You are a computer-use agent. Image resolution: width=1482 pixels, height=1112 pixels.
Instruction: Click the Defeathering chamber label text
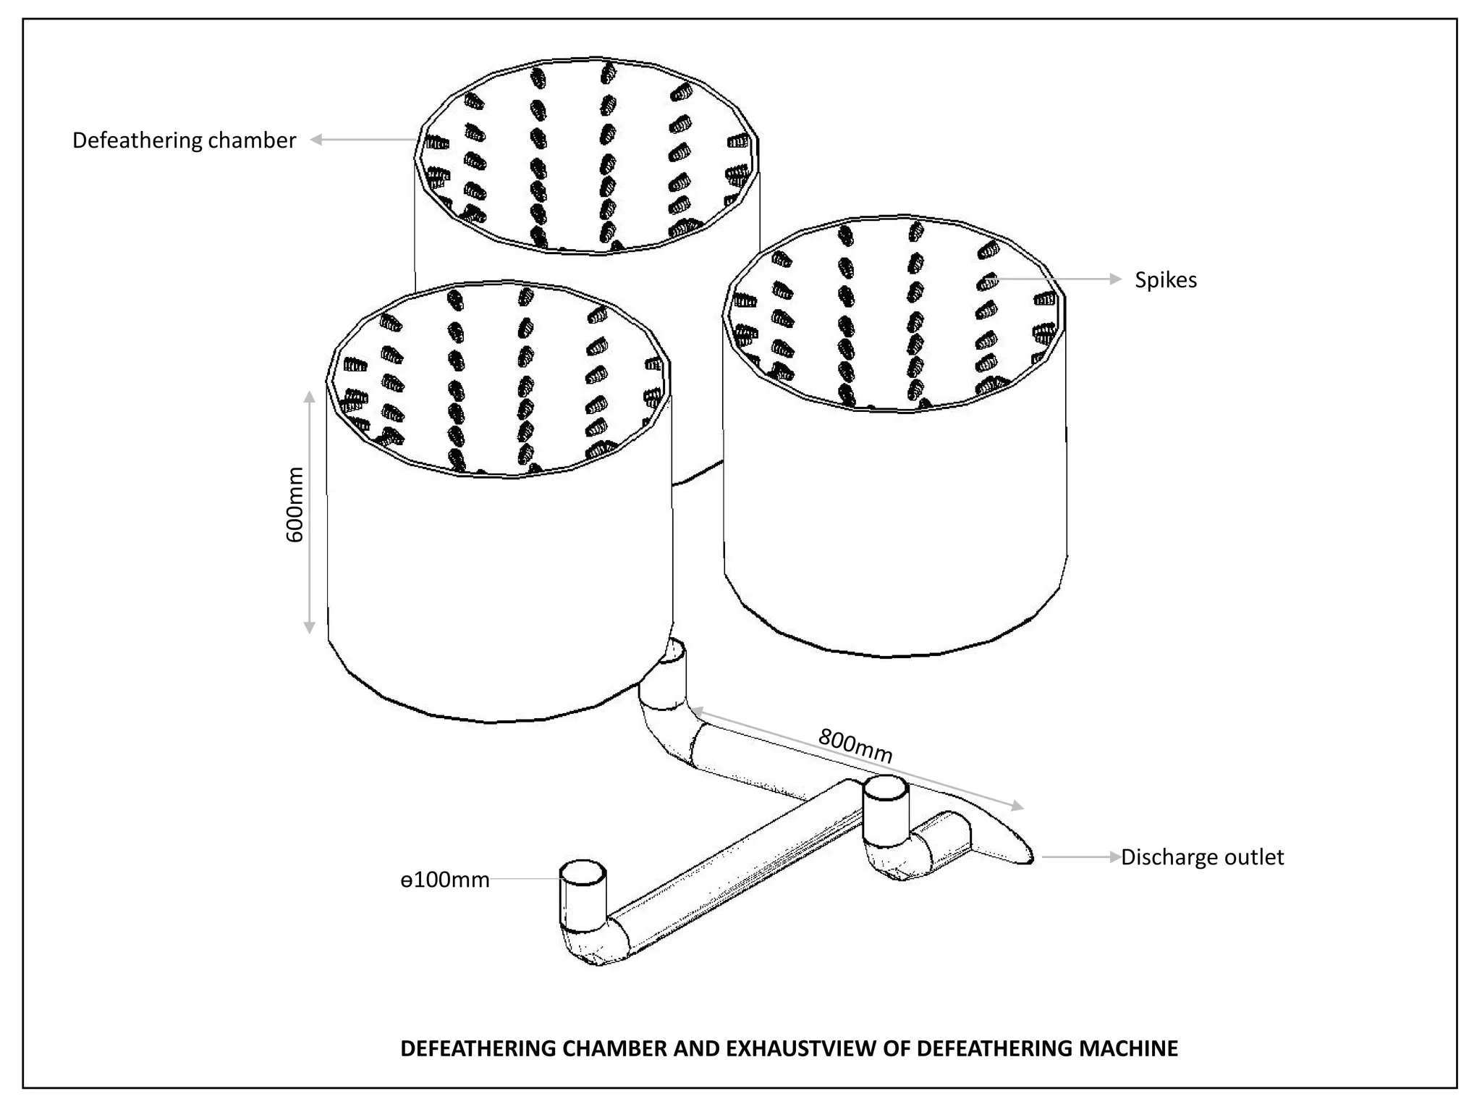(184, 140)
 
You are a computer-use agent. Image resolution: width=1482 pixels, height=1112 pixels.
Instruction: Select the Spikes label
(1165, 280)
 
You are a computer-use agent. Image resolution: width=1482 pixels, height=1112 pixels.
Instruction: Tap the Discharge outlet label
(1202, 857)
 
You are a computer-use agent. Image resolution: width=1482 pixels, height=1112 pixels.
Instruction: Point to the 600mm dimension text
(295, 505)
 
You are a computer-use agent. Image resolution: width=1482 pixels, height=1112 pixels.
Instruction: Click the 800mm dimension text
(855, 746)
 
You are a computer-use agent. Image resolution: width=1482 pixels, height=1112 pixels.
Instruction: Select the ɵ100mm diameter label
(445, 880)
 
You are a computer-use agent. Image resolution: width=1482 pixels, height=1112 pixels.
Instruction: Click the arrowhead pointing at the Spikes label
(1115, 279)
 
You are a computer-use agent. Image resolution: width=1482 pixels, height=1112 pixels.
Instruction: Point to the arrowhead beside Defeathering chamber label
(316, 140)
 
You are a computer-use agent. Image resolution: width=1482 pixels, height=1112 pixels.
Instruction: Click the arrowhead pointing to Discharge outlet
(1114, 857)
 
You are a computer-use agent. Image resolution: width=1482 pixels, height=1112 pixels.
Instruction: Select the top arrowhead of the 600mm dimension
(309, 397)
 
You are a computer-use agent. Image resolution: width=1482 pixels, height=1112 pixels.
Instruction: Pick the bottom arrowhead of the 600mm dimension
(309, 628)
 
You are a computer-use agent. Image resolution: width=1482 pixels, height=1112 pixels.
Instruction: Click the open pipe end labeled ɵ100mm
(583, 872)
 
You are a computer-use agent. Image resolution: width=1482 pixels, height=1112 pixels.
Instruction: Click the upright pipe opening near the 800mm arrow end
(885, 788)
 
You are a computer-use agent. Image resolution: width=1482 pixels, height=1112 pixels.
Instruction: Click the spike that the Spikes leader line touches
(987, 281)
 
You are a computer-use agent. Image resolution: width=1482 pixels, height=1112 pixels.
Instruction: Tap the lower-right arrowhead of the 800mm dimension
(1017, 806)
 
